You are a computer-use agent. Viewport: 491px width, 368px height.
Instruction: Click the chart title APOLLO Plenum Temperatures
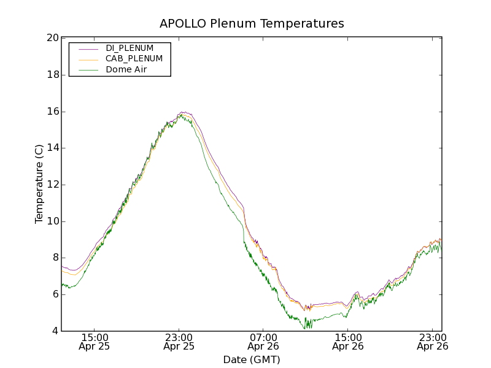(x=252, y=24)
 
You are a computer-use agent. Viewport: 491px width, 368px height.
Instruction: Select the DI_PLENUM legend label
(x=130, y=48)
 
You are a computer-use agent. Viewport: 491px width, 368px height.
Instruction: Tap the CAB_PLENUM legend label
(x=134, y=59)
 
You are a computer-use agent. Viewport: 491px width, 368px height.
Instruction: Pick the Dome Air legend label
(x=126, y=70)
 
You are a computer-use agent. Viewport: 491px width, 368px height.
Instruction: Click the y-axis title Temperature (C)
(x=39, y=184)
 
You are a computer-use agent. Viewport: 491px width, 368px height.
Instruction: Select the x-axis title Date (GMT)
(x=252, y=359)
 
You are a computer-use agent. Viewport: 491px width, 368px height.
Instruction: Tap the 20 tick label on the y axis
(x=52, y=38)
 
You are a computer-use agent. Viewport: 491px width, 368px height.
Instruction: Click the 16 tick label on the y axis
(x=52, y=112)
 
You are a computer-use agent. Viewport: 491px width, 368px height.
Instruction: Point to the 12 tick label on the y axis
(x=52, y=185)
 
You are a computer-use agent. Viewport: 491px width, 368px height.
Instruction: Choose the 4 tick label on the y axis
(x=55, y=331)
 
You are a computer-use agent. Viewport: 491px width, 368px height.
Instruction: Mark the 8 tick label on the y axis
(x=55, y=258)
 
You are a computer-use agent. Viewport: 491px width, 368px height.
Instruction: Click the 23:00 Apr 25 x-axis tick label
(x=179, y=342)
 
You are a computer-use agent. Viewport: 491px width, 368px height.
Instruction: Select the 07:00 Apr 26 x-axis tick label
(x=263, y=342)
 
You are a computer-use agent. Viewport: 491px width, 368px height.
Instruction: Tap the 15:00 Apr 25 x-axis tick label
(x=95, y=342)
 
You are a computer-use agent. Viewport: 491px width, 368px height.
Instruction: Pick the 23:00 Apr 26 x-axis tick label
(x=432, y=342)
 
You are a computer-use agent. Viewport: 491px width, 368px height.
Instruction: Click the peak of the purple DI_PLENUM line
(x=182, y=112)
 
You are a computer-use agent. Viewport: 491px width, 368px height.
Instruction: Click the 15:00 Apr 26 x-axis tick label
(x=347, y=342)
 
